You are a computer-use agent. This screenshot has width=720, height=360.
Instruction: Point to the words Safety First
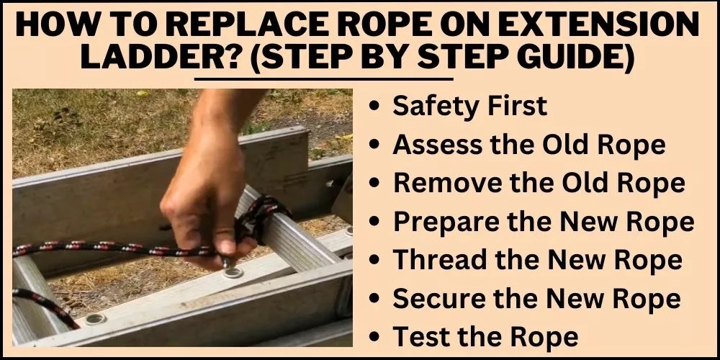[469, 106]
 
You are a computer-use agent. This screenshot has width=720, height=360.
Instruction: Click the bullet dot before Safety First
[374, 107]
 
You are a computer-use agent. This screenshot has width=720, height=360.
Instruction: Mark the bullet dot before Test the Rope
[374, 338]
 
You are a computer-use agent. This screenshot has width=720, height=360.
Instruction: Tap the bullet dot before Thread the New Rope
[374, 261]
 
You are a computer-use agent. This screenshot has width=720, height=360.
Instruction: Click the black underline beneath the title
[324, 79]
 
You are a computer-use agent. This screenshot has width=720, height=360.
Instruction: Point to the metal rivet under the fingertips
[233, 273]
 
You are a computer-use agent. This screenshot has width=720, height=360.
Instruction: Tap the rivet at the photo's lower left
[96, 318]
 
